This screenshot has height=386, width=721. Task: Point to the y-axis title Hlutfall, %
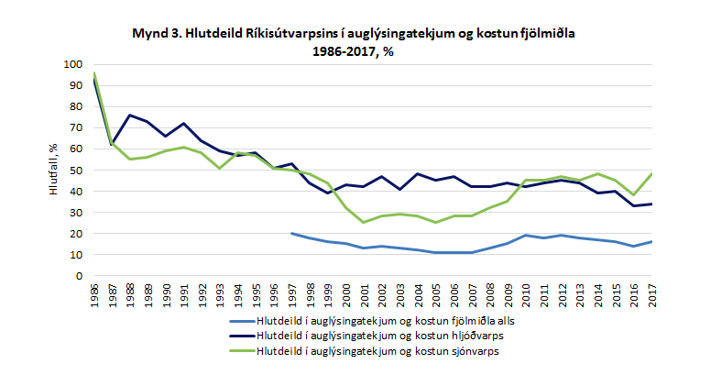tap(54, 170)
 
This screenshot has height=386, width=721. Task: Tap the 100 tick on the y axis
tap(74, 64)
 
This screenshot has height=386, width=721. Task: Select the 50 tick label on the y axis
tap(77, 170)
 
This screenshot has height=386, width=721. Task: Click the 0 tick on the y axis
tap(81, 275)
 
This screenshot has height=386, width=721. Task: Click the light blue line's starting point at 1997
tap(292, 233)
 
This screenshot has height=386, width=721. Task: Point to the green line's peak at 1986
tap(95, 73)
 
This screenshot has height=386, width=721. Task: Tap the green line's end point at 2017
tap(651, 173)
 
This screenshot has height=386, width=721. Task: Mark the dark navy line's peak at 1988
tap(131, 115)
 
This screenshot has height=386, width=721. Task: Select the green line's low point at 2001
tap(365, 222)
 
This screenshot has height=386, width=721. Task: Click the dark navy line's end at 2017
tap(651, 204)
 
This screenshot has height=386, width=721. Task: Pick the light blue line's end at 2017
tap(651, 241)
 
